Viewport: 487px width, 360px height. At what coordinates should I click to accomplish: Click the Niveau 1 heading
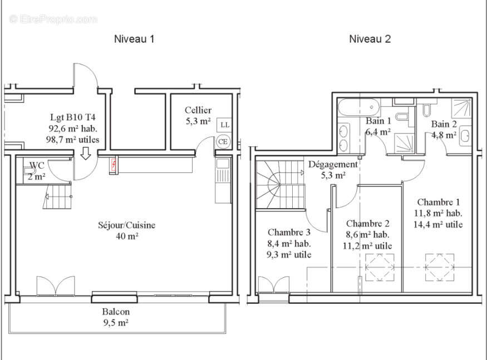point(134,39)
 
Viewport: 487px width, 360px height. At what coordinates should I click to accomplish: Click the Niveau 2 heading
point(370,39)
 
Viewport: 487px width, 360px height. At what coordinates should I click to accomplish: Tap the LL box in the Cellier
point(223,125)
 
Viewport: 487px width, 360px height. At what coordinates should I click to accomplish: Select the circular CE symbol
point(223,141)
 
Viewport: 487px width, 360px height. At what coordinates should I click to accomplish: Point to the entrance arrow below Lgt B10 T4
point(85,154)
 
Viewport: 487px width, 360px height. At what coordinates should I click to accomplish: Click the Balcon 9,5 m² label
point(116,317)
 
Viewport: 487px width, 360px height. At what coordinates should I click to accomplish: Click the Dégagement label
point(333,164)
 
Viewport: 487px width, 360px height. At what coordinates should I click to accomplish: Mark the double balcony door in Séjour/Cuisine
point(55,286)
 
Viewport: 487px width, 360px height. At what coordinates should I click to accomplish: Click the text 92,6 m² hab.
point(73,129)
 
